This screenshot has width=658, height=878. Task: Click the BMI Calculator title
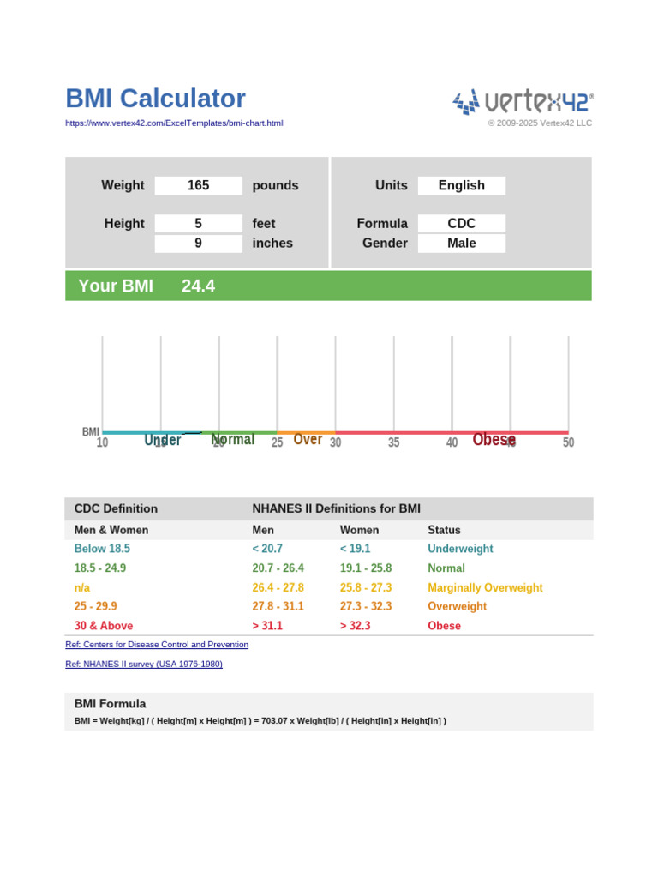coord(155,99)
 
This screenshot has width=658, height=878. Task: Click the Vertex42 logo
coord(523,102)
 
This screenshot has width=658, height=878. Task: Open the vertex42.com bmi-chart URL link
coord(174,123)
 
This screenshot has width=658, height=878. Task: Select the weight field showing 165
coord(198,185)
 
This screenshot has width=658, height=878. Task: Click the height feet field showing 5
coord(198,224)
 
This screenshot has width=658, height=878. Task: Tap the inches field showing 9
coord(198,244)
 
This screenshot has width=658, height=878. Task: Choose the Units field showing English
coord(461,185)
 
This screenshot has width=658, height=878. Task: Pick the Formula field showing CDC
coord(461,224)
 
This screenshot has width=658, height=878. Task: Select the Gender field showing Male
coord(461,244)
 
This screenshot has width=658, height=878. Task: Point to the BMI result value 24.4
coord(198,286)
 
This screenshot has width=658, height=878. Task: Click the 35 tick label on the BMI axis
coord(393,443)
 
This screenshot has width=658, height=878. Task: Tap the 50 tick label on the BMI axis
coord(568,443)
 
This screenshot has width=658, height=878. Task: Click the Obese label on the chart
coord(493,440)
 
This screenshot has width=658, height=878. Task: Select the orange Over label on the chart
coord(308,440)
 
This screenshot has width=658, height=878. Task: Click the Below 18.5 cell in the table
coord(102,549)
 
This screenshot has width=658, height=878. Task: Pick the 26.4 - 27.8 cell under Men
coord(278,588)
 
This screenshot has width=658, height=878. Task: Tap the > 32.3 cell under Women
coord(355,626)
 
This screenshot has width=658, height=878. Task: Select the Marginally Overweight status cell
coord(485,588)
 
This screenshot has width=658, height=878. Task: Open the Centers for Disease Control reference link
coord(157,645)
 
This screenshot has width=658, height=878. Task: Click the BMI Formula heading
coord(110,704)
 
